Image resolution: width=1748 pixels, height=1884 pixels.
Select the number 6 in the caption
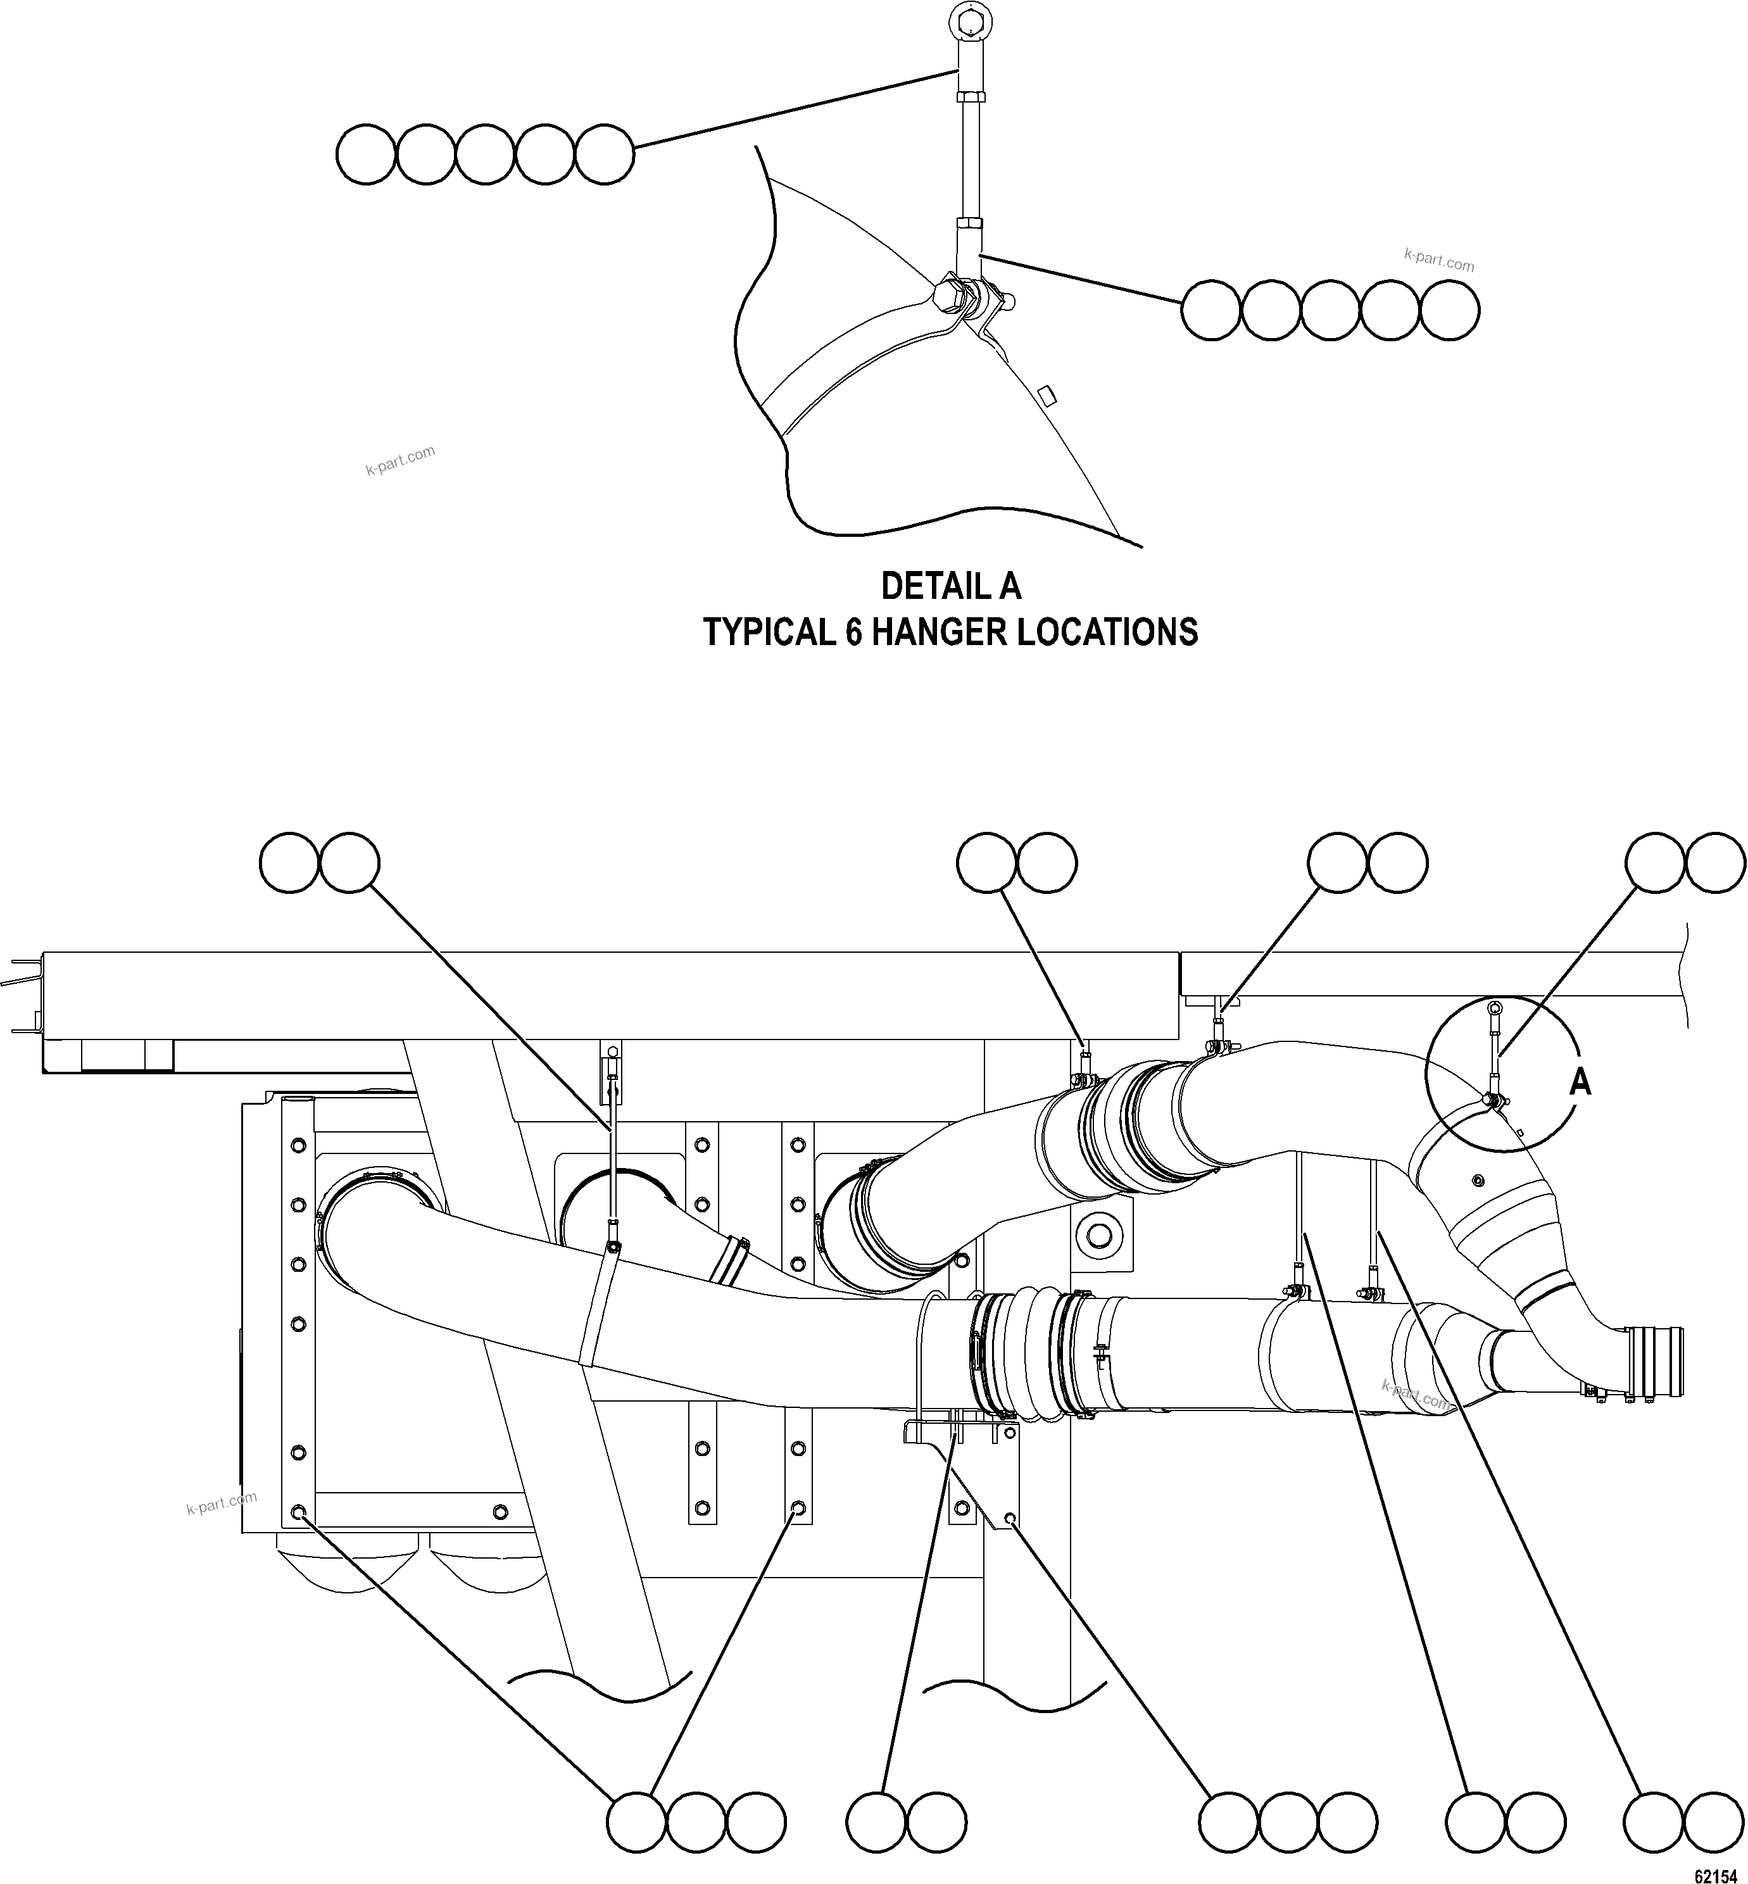click(853, 632)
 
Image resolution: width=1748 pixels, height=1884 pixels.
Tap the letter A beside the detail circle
click(1580, 1082)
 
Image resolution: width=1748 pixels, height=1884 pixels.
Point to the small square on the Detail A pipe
click(1045, 393)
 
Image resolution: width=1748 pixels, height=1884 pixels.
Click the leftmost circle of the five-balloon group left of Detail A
click(366, 154)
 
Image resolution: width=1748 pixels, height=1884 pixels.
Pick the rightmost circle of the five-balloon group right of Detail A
click(1449, 310)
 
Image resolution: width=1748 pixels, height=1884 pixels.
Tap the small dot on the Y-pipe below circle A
click(1476, 1180)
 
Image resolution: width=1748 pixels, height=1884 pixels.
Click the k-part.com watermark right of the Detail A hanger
click(1438, 260)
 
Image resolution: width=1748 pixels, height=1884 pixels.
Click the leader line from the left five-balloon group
click(795, 109)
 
